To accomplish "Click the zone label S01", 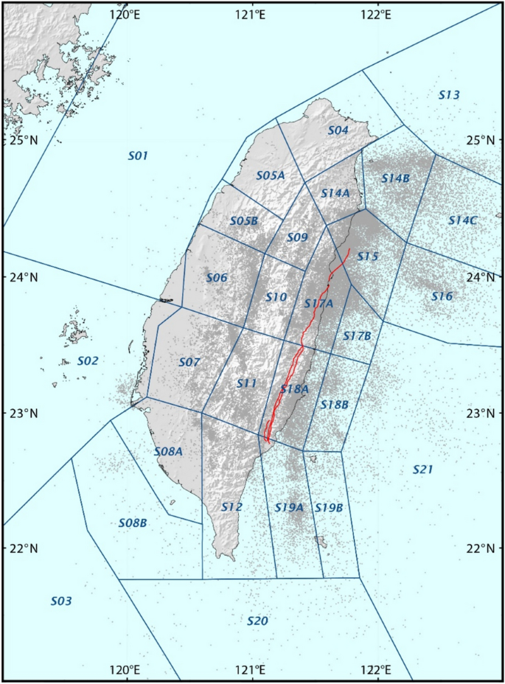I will pyautogui.click(x=139, y=156).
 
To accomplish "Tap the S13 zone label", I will pyautogui.click(x=449, y=95).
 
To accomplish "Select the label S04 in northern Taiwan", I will pyautogui.click(x=338, y=130).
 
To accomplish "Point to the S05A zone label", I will pyautogui.click(x=271, y=175).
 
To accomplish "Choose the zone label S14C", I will pyautogui.click(x=463, y=220).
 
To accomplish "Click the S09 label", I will pyautogui.click(x=296, y=237).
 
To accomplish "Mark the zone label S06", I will pyautogui.click(x=217, y=278).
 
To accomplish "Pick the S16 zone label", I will pyautogui.click(x=442, y=296).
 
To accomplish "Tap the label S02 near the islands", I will pyautogui.click(x=88, y=361).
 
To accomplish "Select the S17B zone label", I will pyautogui.click(x=357, y=336).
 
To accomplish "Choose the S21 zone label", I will pyautogui.click(x=423, y=469).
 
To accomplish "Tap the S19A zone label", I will pyautogui.click(x=289, y=508).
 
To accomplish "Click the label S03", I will pyautogui.click(x=61, y=601).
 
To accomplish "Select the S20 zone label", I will pyautogui.click(x=257, y=621).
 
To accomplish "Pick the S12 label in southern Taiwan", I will pyautogui.click(x=231, y=507).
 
